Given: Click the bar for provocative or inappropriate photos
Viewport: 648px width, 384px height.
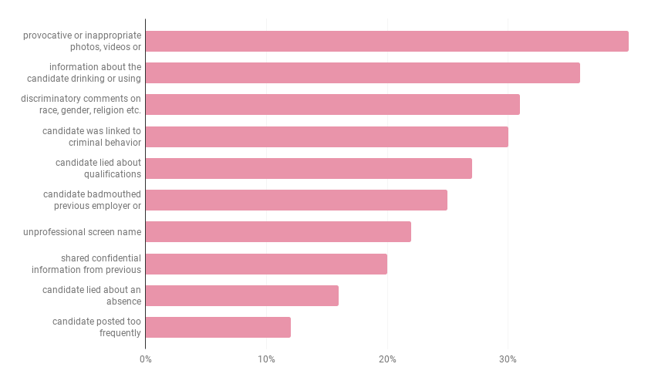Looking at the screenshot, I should [386, 41].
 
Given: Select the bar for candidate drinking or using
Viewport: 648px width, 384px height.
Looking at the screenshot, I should [363, 72].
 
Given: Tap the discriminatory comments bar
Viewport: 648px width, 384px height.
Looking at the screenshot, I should [332, 104].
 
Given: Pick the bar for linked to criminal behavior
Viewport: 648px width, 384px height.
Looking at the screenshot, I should [326, 136].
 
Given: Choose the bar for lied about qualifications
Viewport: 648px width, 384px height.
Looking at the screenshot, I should [309, 168].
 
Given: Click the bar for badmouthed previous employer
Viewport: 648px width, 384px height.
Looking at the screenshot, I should [296, 200].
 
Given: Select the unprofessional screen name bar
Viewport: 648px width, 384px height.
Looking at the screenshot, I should [278, 231].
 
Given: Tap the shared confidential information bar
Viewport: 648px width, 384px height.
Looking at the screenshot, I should [266, 264].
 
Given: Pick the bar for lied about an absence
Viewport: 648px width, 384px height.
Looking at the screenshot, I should [241, 295].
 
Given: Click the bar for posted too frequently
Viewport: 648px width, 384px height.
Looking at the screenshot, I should [218, 327].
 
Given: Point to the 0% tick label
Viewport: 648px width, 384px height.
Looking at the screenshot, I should [145, 359].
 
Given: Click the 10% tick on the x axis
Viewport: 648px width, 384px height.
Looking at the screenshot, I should [266, 359].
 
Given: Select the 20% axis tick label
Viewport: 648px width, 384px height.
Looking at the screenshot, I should [387, 359].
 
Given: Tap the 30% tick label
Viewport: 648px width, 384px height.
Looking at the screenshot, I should [508, 359].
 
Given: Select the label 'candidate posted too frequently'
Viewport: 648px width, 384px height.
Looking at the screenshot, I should [96, 327].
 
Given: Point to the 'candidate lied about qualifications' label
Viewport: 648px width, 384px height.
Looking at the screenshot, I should [98, 168].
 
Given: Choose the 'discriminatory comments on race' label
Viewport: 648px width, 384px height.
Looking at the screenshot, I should [81, 104].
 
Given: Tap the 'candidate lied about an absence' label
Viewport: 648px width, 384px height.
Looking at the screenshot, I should [92, 295].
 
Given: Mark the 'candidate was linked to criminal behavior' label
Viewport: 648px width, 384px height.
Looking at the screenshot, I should [92, 136].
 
